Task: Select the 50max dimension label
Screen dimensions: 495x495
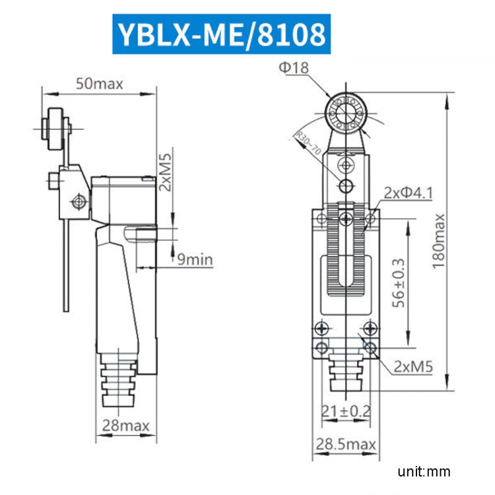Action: (x=100, y=84)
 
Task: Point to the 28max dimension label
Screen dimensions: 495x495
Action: (x=125, y=425)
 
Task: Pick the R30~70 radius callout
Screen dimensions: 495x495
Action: (x=308, y=143)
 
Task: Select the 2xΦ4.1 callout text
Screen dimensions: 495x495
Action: (x=408, y=193)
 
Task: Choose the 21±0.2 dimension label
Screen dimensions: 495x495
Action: (x=345, y=412)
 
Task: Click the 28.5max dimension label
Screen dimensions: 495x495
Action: (x=345, y=444)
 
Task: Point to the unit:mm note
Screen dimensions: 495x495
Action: (x=423, y=472)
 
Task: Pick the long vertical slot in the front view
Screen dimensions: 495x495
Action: (x=345, y=254)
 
